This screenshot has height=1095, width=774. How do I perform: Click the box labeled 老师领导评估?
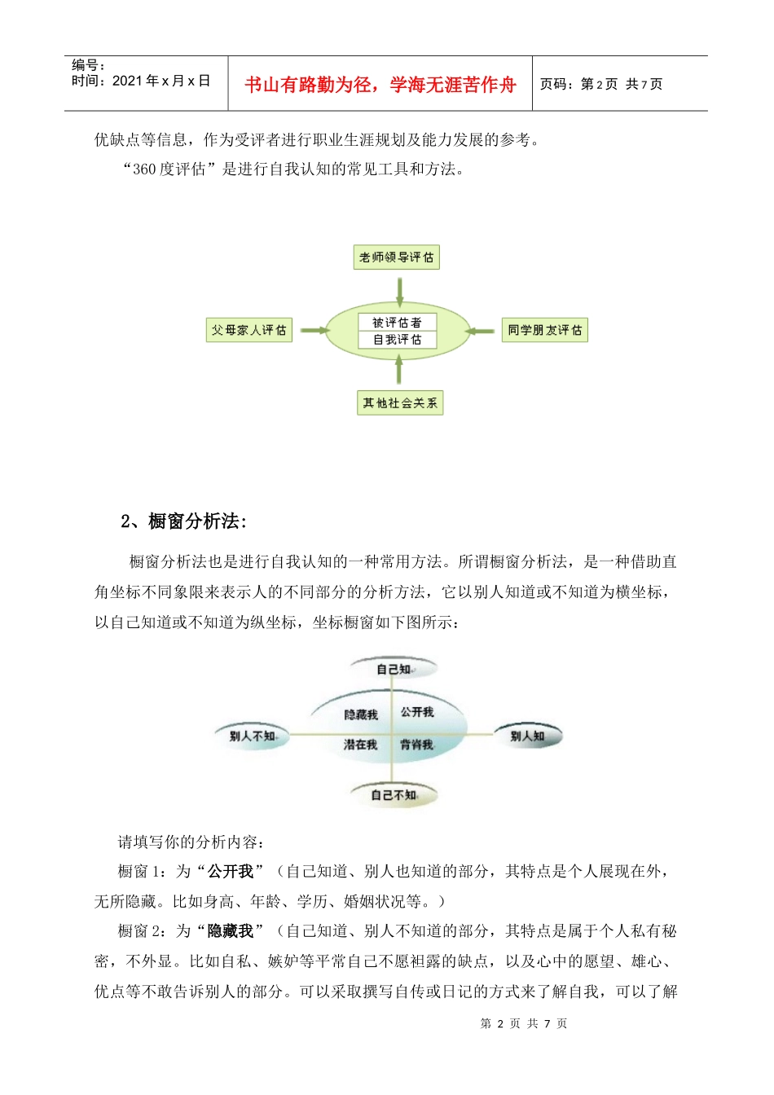(x=397, y=257)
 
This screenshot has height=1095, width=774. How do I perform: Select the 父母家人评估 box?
(x=248, y=330)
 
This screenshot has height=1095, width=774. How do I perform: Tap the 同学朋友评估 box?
(x=544, y=330)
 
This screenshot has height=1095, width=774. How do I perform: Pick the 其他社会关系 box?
(x=399, y=402)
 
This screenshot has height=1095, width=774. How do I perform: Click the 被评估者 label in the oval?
(x=398, y=323)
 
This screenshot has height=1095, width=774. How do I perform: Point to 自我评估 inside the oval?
(x=398, y=340)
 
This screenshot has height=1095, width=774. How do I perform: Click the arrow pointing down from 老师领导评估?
(x=399, y=291)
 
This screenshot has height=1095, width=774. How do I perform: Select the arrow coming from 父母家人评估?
(x=314, y=330)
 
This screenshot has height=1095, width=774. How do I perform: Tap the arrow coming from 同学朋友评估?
(x=481, y=331)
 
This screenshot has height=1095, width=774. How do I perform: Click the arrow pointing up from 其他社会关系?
(x=398, y=370)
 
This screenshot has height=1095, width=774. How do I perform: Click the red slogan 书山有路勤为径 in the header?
(x=380, y=85)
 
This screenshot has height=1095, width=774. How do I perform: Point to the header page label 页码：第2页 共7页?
(x=601, y=84)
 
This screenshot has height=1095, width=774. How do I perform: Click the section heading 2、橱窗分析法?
(x=183, y=521)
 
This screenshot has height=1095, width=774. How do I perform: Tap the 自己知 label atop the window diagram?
(x=394, y=669)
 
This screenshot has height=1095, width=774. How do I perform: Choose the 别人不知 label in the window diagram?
(x=252, y=736)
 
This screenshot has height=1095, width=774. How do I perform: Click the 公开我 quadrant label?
(x=417, y=712)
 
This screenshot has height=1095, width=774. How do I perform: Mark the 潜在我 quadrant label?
(x=360, y=745)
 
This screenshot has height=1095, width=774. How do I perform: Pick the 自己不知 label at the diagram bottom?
(x=394, y=794)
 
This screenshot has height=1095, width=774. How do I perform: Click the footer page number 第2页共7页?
(x=524, y=1023)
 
